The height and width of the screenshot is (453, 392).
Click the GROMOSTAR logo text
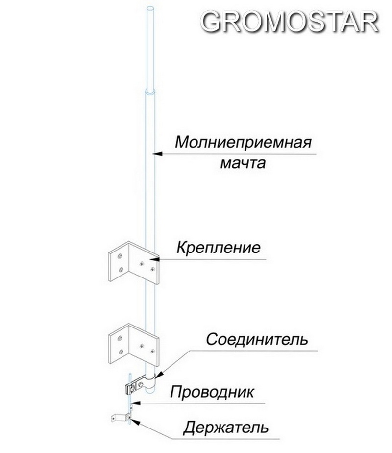[290, 22]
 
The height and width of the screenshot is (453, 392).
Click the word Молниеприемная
[244, 143]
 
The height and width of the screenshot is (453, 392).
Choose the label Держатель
[226, 427]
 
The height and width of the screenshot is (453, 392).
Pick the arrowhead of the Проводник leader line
[135, 403]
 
